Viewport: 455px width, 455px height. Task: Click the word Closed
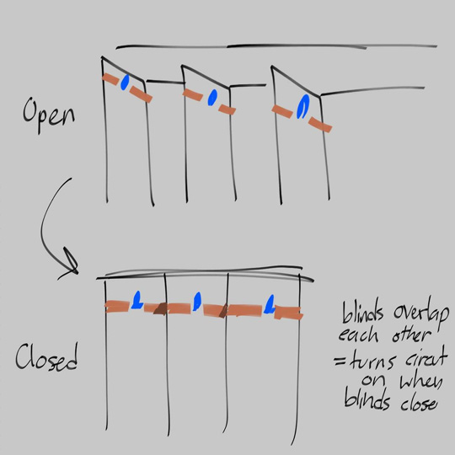click(x=47, y=360)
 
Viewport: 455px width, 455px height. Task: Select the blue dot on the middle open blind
click(x=214, y=95)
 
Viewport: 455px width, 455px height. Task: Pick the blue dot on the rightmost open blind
click(x=302, y=107)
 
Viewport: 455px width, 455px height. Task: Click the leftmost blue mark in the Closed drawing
click(x=136, y=299)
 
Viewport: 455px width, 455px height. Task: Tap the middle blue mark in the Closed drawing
click(x=196, y=301)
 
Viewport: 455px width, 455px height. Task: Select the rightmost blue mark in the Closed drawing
click(x=270, y=304)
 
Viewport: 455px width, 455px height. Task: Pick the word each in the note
click(x=363, y=336)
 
